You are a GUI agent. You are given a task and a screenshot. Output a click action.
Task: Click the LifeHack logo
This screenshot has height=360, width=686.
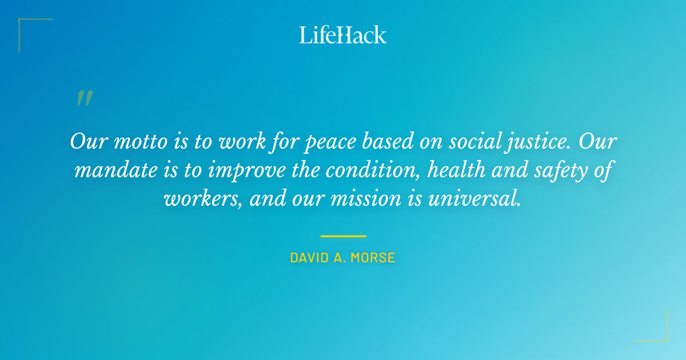343,35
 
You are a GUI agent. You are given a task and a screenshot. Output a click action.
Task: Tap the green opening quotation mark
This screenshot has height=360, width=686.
84,98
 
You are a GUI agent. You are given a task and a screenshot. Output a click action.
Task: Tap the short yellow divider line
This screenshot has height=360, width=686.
343,236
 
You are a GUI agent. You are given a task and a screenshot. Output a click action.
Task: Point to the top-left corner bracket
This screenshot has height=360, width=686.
26,26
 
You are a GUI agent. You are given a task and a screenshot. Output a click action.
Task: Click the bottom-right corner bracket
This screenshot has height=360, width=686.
660,334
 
